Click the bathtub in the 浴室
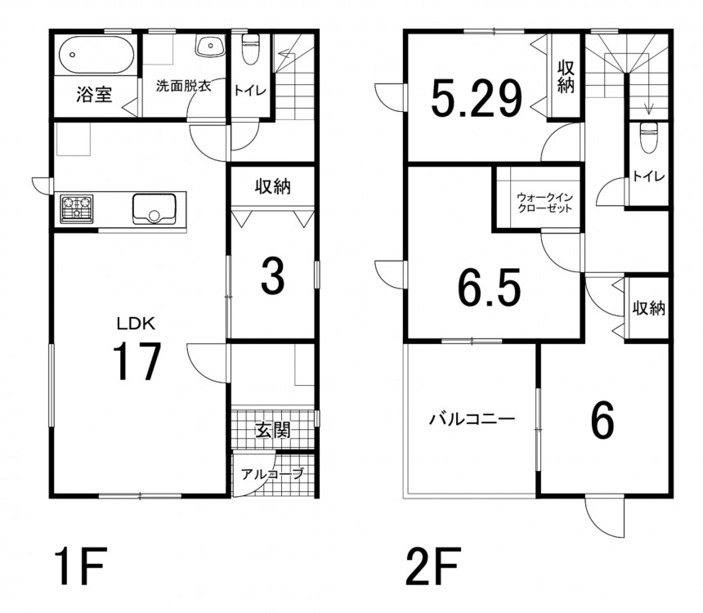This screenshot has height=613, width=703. (96, 55)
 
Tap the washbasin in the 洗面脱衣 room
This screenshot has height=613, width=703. (210, 47)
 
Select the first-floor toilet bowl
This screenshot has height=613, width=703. (250, 48)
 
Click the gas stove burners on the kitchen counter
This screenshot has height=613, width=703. (77, 208)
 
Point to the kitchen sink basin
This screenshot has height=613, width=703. (154, 208)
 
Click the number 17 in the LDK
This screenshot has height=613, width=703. (137, 361)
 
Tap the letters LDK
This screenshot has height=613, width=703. (136, 324)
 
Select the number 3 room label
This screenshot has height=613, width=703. (272, 277)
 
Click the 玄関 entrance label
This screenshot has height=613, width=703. (273, 430)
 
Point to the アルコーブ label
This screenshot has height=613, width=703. (272, 473)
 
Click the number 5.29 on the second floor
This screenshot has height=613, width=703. (477, 98)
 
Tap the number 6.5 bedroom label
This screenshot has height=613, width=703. (489, 287)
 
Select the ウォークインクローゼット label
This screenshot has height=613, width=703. (544, 203)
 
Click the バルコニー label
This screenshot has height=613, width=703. (472, 420)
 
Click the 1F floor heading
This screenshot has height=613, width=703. (80, 566)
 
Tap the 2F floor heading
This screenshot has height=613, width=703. (432, 566)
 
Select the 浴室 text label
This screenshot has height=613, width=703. (94, 95)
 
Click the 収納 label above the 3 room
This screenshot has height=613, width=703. (272, 186)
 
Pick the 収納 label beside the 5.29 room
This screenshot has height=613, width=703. (566, 77)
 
